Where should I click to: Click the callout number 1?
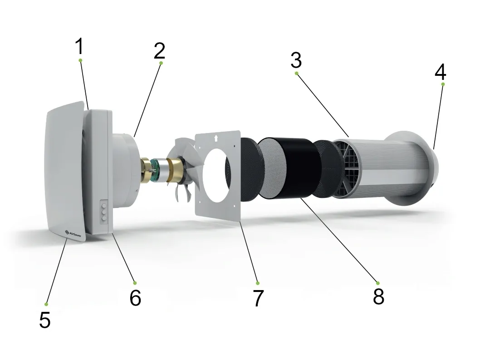point(79,46)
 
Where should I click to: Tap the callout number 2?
point(159,51)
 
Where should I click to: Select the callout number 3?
point(296,60)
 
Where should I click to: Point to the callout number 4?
point(441,72)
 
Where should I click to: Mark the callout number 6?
point(136,298)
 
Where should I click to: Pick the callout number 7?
point(258,298)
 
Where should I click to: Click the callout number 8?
point(378,296)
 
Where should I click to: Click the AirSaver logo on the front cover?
point(73,232)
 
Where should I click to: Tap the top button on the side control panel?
point(104,205)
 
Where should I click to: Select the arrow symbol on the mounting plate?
point(216,138)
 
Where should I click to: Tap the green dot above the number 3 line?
point(297,74)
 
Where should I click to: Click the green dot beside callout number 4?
point(443,84)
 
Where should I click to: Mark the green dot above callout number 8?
point(377,283)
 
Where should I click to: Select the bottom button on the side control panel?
point(104,218)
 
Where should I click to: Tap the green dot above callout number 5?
point(46,305)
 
